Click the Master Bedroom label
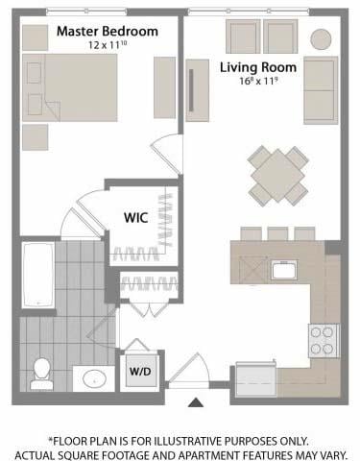(x=108, y=32)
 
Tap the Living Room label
(x=258, y=67)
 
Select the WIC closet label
(x=136, y=218)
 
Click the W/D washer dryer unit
(x=141, y=372)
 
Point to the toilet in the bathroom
(x=41, y=374)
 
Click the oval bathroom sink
(x=94, y=379)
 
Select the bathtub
(x=38, y=276)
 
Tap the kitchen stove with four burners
(x=324, y=341)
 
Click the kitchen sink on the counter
(x=284, y=270)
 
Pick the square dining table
(x=277, y=176)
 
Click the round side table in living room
(x=321, y=39)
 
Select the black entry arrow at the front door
(x=196, y=402)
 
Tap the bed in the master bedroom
(x=70, y=87)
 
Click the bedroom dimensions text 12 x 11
(x=108, y=45)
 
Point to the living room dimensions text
(x=258, y=81)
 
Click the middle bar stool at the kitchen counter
(x=277, y=233)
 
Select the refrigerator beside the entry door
(x=256, y=379)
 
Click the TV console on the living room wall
(x=198, y=90)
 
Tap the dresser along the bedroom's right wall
(x=164, y=87)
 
